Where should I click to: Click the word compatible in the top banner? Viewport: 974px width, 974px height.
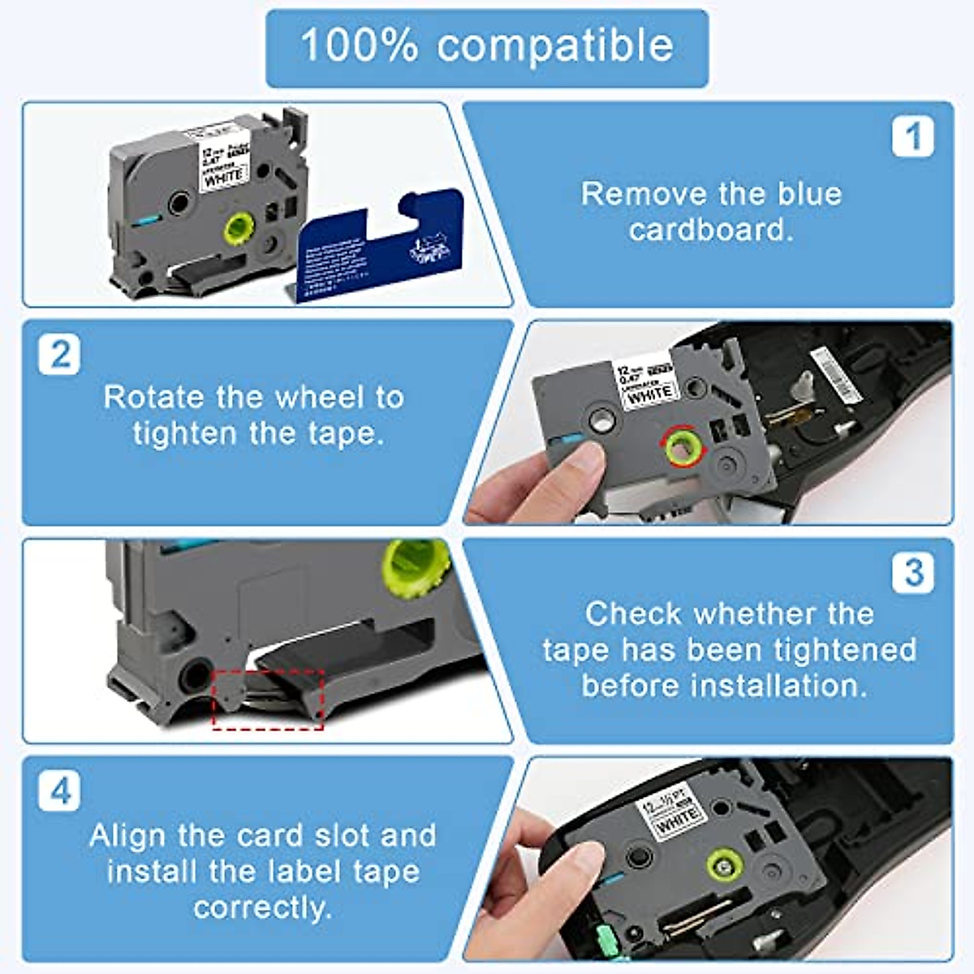tap(555, 45)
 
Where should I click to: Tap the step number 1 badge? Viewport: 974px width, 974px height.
tap(912, 136)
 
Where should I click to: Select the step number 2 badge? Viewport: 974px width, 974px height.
tap(60, 355)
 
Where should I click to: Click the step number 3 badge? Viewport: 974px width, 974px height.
tap(912, 572)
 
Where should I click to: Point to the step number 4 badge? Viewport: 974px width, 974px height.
tap(60, 791)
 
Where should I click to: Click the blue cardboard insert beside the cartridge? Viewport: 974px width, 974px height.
tap(377, 248)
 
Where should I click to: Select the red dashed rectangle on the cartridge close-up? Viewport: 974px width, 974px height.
tap(268, 699)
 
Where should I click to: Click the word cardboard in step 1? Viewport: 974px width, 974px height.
tap(710, 230)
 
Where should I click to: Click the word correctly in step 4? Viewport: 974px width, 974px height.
tap(262, 907)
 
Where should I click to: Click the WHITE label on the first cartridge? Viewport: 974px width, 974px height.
tap(223, 178)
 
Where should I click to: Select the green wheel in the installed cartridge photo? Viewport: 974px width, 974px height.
tap(724, 865)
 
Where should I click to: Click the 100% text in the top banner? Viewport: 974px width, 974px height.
tap(359, 45)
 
